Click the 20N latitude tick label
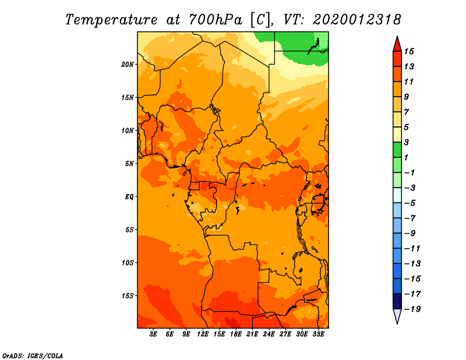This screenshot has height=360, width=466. click(x=128, y=65)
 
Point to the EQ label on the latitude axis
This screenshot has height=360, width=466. click(x=129, y=197)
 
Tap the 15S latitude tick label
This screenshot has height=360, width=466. click(x=128, y=296)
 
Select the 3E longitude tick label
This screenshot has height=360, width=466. click(x=153, y=334)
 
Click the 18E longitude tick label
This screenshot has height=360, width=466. click(x=236, y=334)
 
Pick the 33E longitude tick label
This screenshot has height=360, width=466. click(x=318, y=334)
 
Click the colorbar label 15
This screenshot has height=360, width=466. click(x=409, y=51)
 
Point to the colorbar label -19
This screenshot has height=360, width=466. click(x=412, y=309)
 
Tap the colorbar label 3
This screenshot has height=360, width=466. click(x=407, y=142)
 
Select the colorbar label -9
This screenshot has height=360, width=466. click(x=410, y=234)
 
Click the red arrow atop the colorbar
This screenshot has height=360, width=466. click(x=397, y=44)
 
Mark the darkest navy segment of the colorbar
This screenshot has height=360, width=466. click(x=397, y=301)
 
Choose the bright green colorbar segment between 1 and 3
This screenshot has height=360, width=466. click(x=397, y=150)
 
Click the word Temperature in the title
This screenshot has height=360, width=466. click(x=111, y=20)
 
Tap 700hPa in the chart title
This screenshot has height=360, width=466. click(x=216, y=20)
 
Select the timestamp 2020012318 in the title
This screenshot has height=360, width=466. click(x=357, y=20)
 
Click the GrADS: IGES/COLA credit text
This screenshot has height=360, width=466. click(x=33, y=356)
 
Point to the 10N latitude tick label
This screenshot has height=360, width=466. click(x=128, y=130)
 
